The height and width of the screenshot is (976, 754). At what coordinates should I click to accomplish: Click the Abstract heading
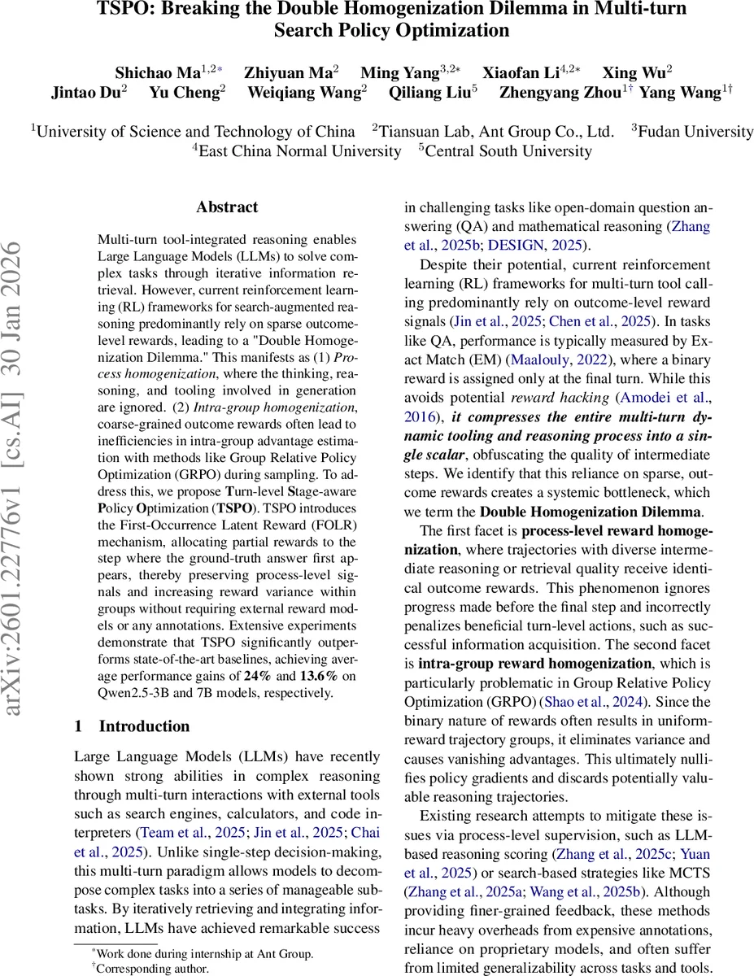click(227, 207)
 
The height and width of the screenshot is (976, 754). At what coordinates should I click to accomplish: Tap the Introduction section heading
click(144, 726)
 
